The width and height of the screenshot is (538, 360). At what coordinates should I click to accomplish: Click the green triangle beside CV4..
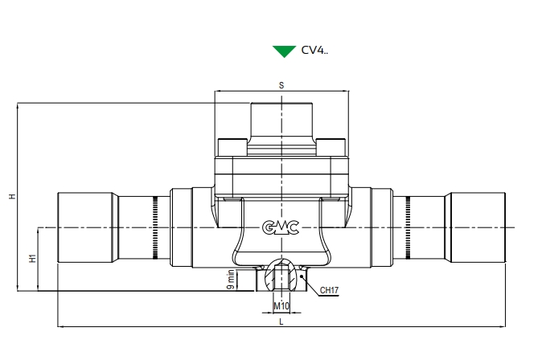tap(284, 51)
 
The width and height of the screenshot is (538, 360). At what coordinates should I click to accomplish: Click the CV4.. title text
tap(314, 51)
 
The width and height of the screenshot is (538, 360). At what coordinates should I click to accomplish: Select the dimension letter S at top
tap(281, 84)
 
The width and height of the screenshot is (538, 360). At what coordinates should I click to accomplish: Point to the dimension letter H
tap(11, 195)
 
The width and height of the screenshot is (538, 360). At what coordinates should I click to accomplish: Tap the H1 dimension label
tap(32, 259)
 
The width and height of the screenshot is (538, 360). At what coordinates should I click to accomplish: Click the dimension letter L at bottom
tap(281, 321)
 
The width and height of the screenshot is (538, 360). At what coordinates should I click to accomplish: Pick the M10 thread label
tap(281, 306)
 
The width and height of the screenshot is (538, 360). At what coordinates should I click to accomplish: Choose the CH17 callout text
tap(330, 290)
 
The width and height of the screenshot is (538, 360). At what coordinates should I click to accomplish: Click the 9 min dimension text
tap(231, 280)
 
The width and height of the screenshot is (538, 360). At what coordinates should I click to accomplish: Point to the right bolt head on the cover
tap(331, 145)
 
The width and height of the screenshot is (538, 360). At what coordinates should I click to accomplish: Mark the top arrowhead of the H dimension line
tap(17, 105)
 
